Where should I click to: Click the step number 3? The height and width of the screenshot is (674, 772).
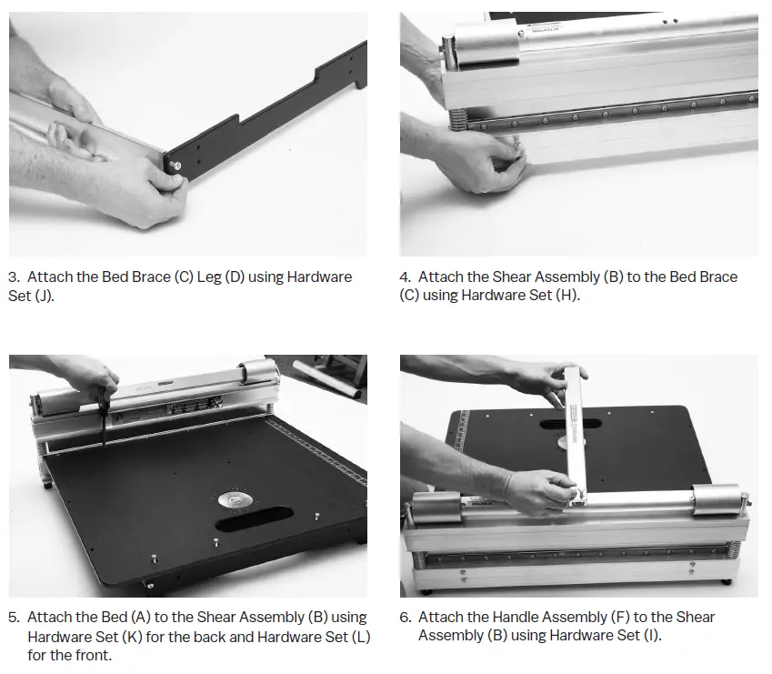point(14,277)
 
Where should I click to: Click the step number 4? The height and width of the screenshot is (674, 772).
point(406,277)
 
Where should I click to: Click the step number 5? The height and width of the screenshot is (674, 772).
point(14,618)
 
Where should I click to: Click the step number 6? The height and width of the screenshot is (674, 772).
point(406,618)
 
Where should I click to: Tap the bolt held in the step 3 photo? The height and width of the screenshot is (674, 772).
point(175,166)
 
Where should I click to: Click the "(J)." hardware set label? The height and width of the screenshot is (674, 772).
point(44,296)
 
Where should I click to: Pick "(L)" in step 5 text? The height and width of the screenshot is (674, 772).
point(361,637)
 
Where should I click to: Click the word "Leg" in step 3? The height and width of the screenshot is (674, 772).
point(209,277)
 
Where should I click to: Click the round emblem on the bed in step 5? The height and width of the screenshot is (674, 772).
point(237,500)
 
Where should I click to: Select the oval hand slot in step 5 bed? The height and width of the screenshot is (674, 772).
point(254,518)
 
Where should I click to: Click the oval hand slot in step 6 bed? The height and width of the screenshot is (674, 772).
point(571,424)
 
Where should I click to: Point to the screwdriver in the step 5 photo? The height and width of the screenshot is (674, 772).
point(104,416)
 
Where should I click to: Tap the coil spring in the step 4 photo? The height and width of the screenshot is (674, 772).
point(458,120)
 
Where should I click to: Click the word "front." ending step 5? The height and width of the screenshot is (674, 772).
point(95,655)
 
